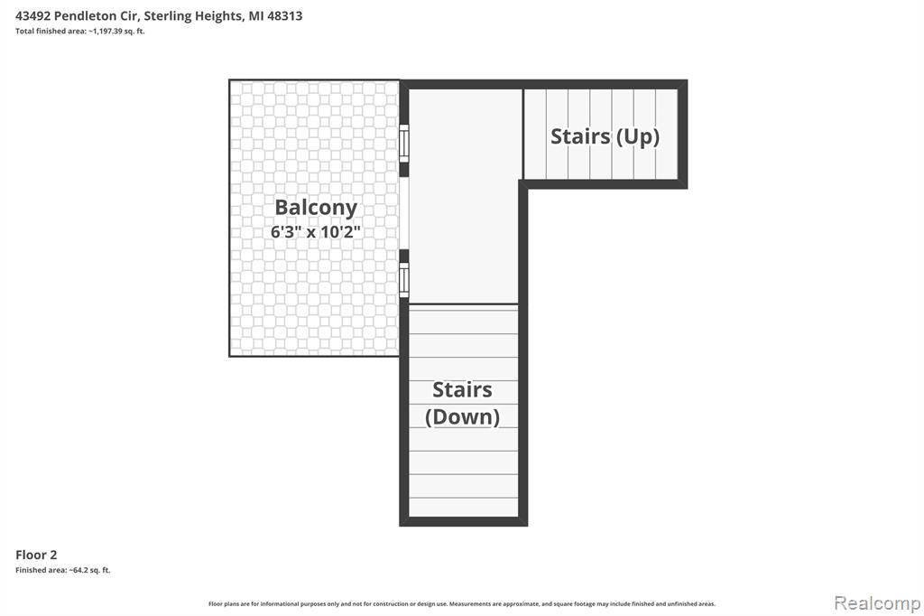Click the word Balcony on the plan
(x=316, y=208)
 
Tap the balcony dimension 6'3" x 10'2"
(x=315, y=232)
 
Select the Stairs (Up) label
(x=605, y=137)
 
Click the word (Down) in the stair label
(x=463, y=417)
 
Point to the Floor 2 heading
(x=36, y=555)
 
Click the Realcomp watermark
(x=877, y=602)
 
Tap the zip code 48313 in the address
(x=284, y=16)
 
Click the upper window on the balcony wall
(x=403, y=143)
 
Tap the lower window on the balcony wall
(x=403, y=280)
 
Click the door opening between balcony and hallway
(x=403, y=213)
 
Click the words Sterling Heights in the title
(x=193, y=16)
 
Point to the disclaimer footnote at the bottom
(x=462, y=603)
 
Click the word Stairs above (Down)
(x=463, y=390)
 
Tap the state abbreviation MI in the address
(x=255, y=16)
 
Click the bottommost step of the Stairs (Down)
(x=463, y=507)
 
